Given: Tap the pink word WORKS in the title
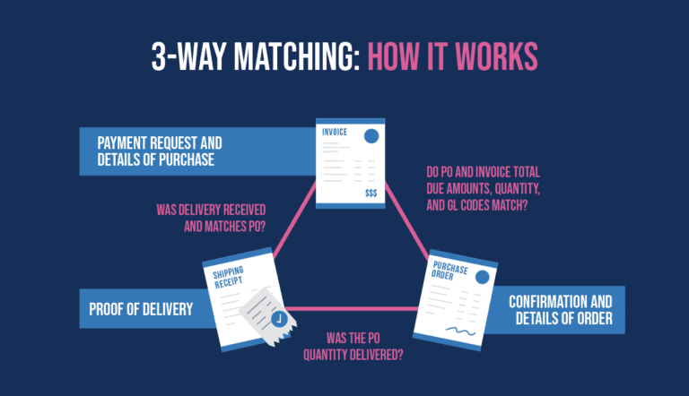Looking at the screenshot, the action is click(x=496, y=56).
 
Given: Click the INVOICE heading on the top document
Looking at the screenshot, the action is click(x=335, y=132).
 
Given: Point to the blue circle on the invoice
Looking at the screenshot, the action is click(x=371, y=136).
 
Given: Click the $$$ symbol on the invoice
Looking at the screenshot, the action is click(x=371, y=194).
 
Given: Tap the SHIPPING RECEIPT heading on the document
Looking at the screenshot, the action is click(x=228, y=278).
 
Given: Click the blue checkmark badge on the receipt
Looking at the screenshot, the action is click(x=279, y=319).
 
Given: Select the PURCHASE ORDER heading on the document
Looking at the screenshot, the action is click(x=449, y=270).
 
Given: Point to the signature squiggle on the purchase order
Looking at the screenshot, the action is click(x=460, y=331).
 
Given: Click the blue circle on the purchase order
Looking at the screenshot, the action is click(x=483, y=277).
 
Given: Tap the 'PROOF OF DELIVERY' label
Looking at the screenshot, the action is click(x=141, y=309).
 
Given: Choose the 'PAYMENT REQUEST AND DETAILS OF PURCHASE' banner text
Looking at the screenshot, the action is click(x=160, y=151).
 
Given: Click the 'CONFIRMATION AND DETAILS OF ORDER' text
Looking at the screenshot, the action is click(x=560, y=310).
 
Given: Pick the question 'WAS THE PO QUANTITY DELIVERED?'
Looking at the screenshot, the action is click(x=353, y=347).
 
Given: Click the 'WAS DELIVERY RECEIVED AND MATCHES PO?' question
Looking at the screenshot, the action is click(x=212, y=218).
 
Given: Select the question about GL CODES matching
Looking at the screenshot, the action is click(x=483, y=188).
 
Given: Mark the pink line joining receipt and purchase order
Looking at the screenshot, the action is click(x=352, y=308).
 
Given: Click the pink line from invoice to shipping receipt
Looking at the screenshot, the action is click(x=294, y=220).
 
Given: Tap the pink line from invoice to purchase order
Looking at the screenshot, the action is click(x=407, y=220).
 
